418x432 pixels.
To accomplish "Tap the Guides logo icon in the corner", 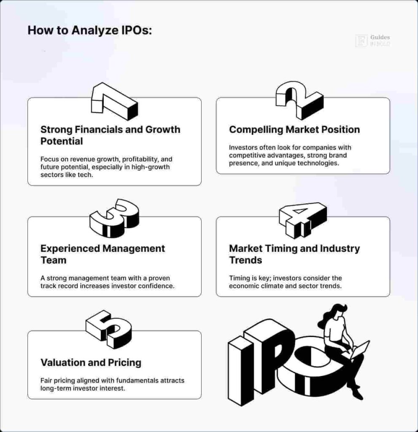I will point(361,40).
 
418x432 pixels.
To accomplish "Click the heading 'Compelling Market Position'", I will point(294,130).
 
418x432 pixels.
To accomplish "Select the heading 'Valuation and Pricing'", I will point(91,362).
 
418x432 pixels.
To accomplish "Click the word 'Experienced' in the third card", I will point(70,248).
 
